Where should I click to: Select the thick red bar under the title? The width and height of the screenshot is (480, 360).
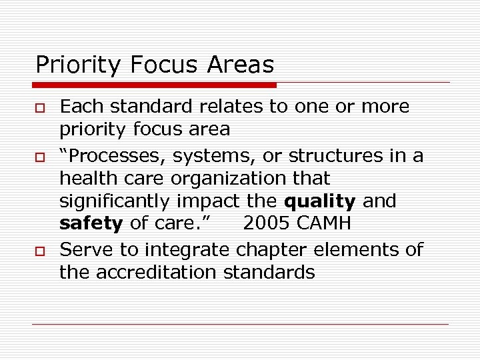(155, 85)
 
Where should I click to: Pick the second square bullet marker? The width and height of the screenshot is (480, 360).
(40, 156)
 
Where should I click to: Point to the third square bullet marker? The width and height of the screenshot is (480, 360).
(40, 251)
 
